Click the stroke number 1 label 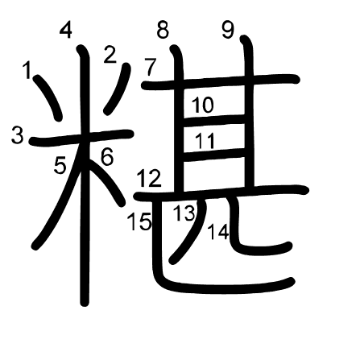point(27,70)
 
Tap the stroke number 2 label point(110,55)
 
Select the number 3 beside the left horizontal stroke point(18,134)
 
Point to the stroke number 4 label point(66,31)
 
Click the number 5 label point(60,165)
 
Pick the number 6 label point(107,156)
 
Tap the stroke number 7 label point(151,67)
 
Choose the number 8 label point(163,30)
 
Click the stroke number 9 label point(228,30)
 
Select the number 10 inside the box point(203,105)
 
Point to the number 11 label point(205,141)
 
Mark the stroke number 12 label point(149,178)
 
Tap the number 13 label point(184,213)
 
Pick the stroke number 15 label point(139,221)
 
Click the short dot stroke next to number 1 point(48,97)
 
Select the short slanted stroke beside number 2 point(118,89)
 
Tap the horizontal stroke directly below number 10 point(214,120)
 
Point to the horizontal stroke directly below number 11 point(214,155)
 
